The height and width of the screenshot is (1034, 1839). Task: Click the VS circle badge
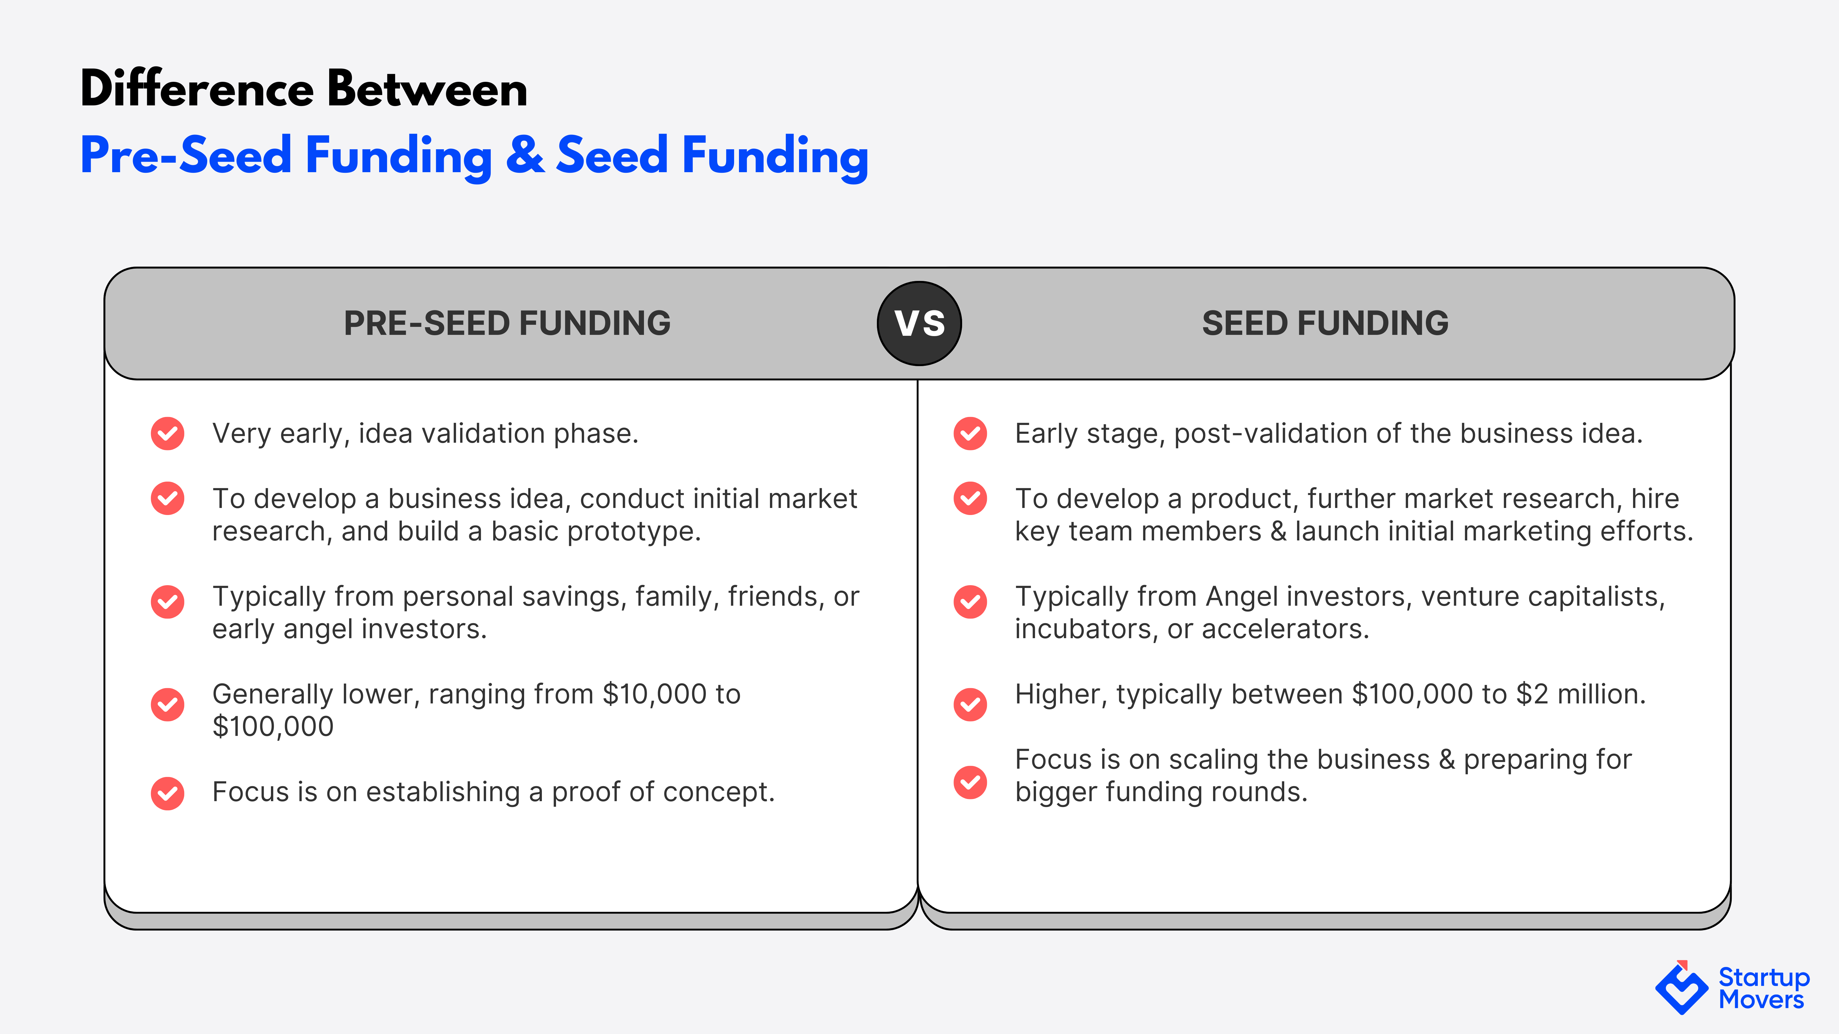(x=919, y=323)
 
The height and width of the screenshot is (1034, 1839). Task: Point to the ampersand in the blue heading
(x=525, y=155)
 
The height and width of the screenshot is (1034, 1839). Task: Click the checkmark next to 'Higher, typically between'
(x=970, y=704)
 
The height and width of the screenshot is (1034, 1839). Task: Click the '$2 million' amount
(x=1581, y=694)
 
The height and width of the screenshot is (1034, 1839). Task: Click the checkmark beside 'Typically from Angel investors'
(x=970, y=602)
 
